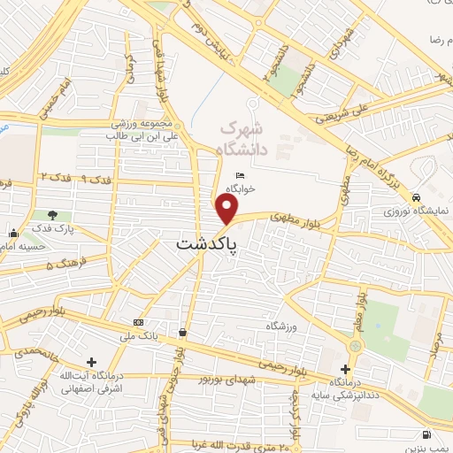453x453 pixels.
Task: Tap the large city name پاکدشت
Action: [207, 245]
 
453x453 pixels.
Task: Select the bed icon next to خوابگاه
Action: [241, 176]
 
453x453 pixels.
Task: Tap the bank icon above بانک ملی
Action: [137, 321]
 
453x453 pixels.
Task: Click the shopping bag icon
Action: [181, 333]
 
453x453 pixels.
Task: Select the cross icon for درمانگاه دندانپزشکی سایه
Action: [345, 369]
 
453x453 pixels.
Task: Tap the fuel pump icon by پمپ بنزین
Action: [427, 435]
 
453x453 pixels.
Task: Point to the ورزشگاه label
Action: [280, 326]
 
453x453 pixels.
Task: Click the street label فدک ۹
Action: [95, 178]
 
